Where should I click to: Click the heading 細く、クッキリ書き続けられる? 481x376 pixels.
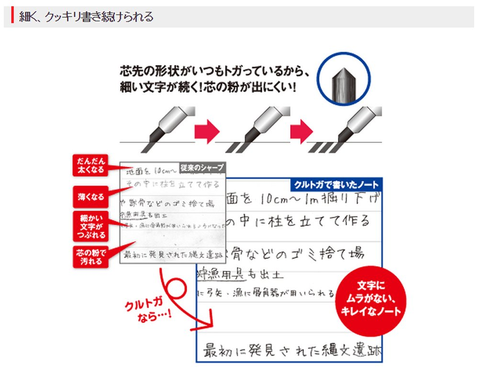point(86,17)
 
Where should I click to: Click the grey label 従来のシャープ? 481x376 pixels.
point(201,168)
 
